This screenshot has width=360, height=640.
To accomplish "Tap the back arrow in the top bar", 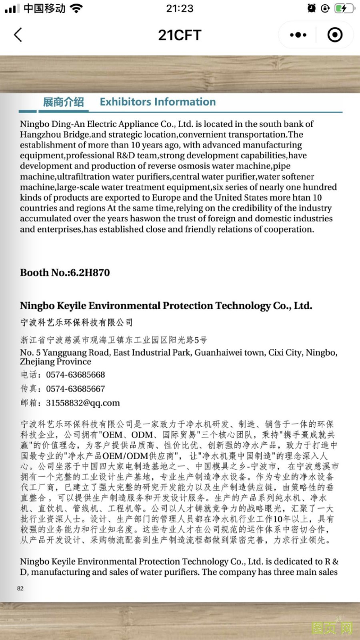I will point(18,35).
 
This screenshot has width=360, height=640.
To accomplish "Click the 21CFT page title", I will point(180,35).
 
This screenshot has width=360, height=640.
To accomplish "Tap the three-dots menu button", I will point(298,35).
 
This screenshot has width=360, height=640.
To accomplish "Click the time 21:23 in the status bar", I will point(180,8).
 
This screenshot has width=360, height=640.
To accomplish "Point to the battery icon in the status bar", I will point(344,8).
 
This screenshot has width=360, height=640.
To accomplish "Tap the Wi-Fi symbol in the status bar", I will point(76,8).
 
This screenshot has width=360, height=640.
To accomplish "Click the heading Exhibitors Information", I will point(158,102).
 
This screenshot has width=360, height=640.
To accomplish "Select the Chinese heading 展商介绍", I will point(63,102).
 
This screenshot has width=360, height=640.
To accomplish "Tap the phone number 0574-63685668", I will point(75,375).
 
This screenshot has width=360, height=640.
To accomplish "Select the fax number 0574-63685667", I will point(75,389).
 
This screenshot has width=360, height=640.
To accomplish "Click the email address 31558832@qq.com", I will point(83,403).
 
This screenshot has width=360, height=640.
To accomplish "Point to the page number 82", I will point(20,588).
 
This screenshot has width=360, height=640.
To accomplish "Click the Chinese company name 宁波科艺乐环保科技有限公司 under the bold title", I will point(76,322).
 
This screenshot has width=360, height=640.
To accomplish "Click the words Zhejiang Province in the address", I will point(56,362).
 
